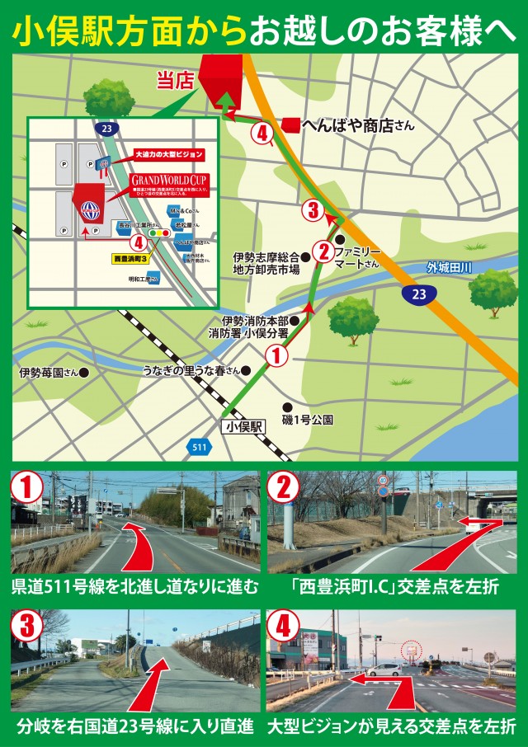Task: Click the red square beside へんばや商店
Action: pyautogui.click(x=290, y=125)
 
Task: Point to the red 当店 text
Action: pyautogui.click(x=173, y=80)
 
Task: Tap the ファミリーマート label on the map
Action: pyautogui.click(x=356, y=256)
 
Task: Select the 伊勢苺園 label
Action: pyautogui.click(x=48, y=372)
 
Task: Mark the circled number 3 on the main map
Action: pyautogui.click(x=312, y=210)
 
